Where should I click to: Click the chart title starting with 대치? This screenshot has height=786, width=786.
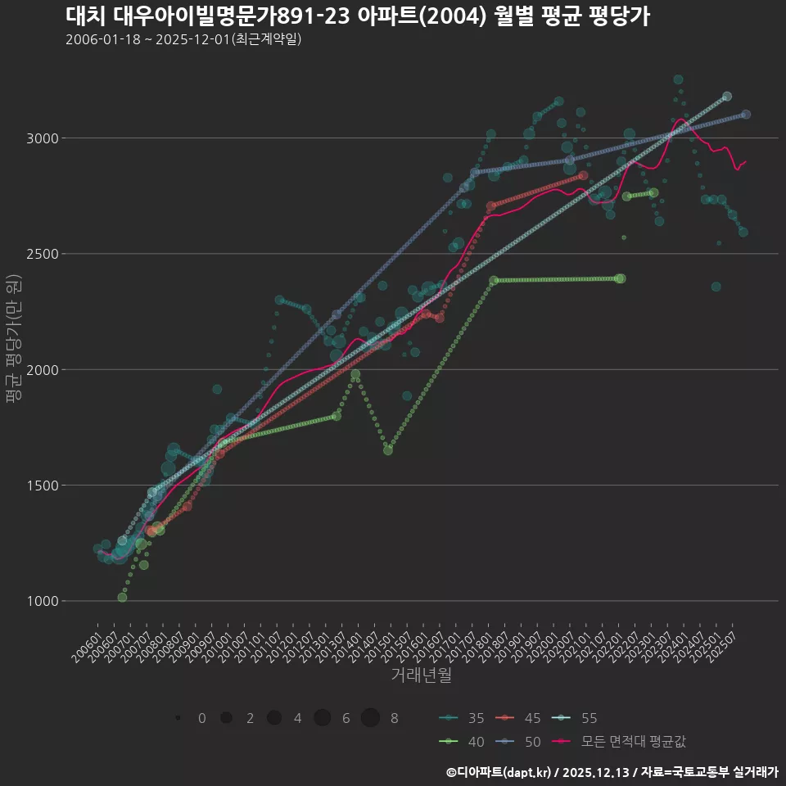click(x=357, y=16)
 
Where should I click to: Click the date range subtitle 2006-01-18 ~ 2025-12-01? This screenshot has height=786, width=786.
click(x=183, y=39)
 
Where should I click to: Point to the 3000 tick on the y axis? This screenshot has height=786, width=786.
click(x=41, y=138)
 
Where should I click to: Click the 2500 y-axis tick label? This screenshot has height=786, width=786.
click(x=41, y=254)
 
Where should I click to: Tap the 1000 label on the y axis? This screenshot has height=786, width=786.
click(x=41, y=601)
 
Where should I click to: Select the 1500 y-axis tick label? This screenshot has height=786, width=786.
click(x=41, y=486)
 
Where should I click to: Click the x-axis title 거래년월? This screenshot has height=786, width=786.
click(x=421, y=675)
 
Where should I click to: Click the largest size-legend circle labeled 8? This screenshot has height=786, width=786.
click(x=371, y=718)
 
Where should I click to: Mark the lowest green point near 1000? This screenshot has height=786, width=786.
click(x=122, y=598)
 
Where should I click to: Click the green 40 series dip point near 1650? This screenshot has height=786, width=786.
click(x=388, y=450)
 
